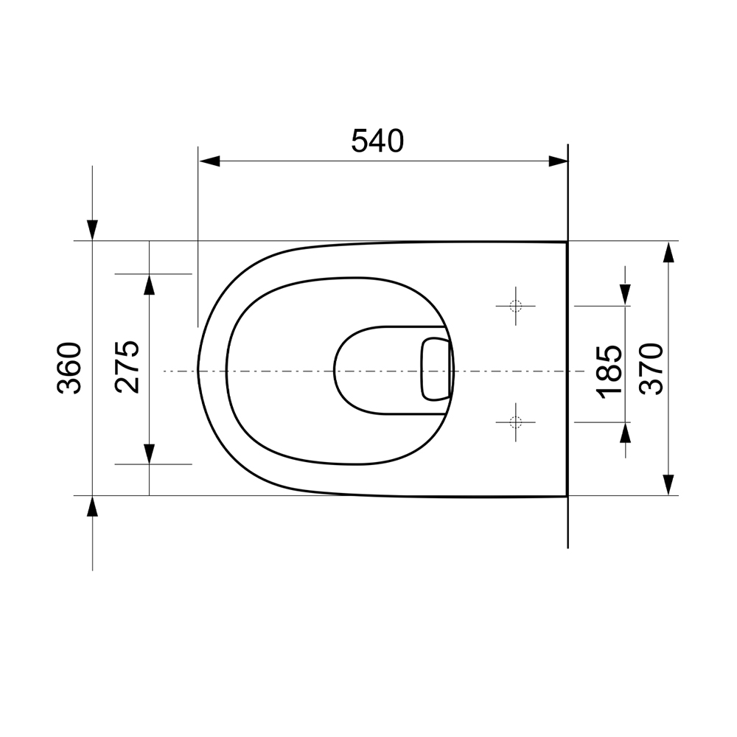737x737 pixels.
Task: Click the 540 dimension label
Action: click(377, 141)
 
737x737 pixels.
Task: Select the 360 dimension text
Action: click(69, 368)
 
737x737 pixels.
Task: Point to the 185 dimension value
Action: click(609, 372)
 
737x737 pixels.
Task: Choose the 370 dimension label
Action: click(652, 369)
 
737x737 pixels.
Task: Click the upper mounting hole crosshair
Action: click(516, 306)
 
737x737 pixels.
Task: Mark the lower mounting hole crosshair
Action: click(516, 422)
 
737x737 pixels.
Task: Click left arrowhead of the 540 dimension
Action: click(209, 161)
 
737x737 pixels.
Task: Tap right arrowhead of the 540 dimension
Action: click(558, 161)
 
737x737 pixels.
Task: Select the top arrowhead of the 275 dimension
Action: click(149, 284)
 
